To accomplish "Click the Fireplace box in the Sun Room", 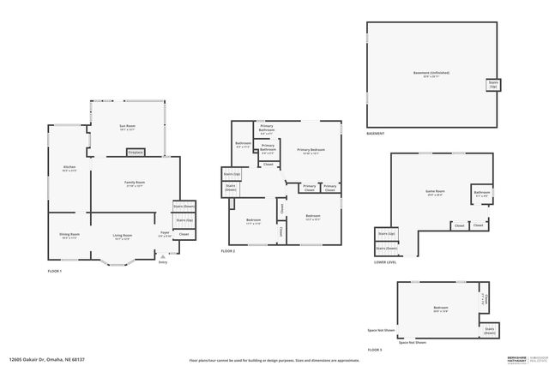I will [135, 152].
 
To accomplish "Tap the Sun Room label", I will [127, 127].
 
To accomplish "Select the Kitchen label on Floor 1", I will [69, 168].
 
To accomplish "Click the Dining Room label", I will [69, 236].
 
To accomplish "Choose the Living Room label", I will [123, 236].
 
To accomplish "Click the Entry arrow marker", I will [163, 256].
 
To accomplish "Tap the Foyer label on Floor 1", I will [164, 233].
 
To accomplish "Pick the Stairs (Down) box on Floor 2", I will [231, 188].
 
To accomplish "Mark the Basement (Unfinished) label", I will [431, 73].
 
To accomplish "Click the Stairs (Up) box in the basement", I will [492, 86].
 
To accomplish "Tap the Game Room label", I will [435, 192].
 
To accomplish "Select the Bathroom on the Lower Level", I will [481, 194].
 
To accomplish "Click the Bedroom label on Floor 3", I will [440, 309].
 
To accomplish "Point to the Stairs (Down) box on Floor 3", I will [489, 331].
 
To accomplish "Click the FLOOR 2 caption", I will [227, 251].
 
